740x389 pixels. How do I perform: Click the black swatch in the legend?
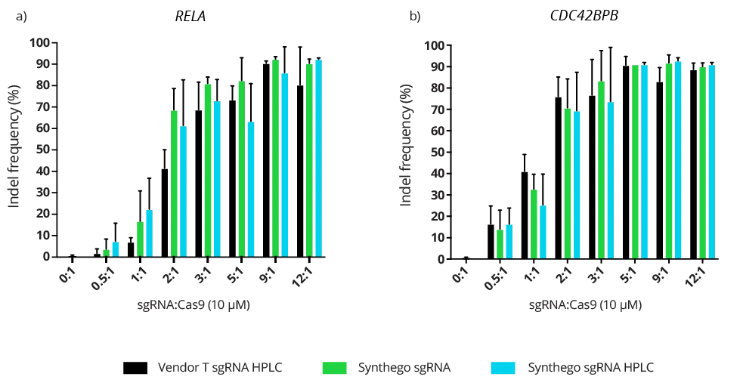pyautogui.click(x=136, y=367)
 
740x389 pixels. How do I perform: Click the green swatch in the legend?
pyautogui.click(x=335, y=367)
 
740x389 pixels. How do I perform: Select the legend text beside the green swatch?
pyautogui.click(x=404, y=368)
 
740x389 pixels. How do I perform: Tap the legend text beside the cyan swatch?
pyautogui.click(x=591, y=368)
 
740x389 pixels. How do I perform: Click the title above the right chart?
pyautogui.click(x=587, y=15)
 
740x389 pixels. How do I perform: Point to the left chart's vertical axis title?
pyautogui.click(x=16, y=147)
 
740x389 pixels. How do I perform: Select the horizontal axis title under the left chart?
pyautogui.click(x=193, y=307)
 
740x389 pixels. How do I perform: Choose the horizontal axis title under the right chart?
pyautogui.click(x=586, y=307)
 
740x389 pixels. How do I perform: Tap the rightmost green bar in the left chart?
pyautogui.click(x=308, y=159)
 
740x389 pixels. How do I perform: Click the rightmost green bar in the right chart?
pyautogui.click(x=702, y=162)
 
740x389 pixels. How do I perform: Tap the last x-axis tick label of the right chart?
pyautogui.click(x=691, y=280)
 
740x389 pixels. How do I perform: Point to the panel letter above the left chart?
pyautogui.click(x=19, y=14)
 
